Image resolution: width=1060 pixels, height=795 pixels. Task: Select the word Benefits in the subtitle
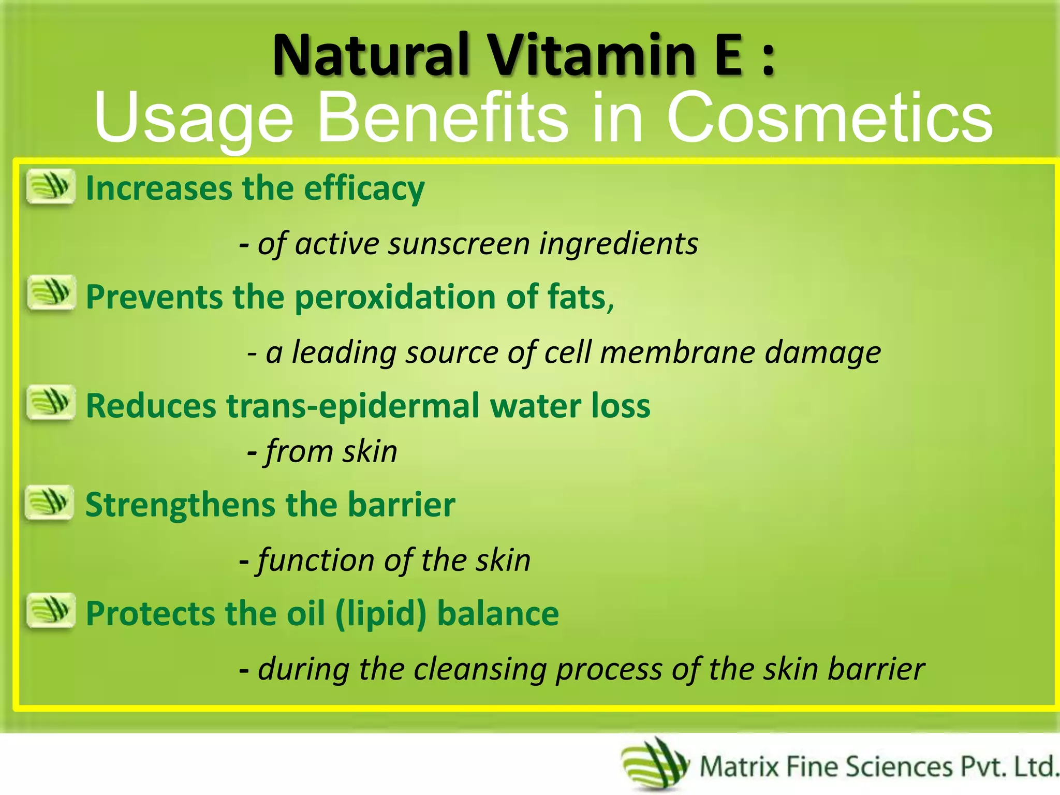[443, 118]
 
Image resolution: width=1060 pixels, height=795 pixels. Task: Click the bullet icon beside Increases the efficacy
[51, 186]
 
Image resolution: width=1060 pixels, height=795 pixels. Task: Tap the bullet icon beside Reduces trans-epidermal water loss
[51, 403]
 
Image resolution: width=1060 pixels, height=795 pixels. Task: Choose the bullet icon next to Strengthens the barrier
[50, 502]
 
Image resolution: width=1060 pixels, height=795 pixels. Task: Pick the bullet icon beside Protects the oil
[51, 611]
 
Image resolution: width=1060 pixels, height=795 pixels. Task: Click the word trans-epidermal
[352, 406]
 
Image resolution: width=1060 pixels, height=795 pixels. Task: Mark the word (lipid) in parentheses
[381, 614]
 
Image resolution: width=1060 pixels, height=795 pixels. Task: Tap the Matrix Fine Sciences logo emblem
[655, 765]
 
